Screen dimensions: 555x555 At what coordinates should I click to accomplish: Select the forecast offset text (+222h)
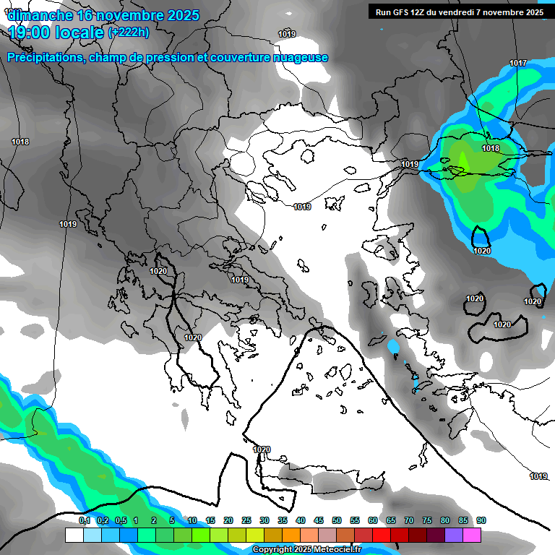[x=129, y=32]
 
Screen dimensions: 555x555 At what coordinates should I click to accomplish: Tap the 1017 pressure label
[x=518, y=64]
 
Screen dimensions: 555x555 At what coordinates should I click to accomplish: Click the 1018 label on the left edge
[x=20, y=142]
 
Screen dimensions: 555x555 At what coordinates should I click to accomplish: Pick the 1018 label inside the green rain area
[x=491, y=148]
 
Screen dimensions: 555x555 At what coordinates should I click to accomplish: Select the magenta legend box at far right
[x=472, y=535]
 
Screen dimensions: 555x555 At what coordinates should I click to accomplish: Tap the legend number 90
[x=481, y=521]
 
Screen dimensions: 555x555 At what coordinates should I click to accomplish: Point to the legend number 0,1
[x=84, y=521]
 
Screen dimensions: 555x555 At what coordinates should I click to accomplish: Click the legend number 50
[x=337, y=521]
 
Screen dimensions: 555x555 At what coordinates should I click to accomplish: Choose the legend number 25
[x=246, y=521]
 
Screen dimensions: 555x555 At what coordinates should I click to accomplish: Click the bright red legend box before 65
[x=382, y=535]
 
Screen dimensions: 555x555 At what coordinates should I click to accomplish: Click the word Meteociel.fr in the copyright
[x=333, y=550]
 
